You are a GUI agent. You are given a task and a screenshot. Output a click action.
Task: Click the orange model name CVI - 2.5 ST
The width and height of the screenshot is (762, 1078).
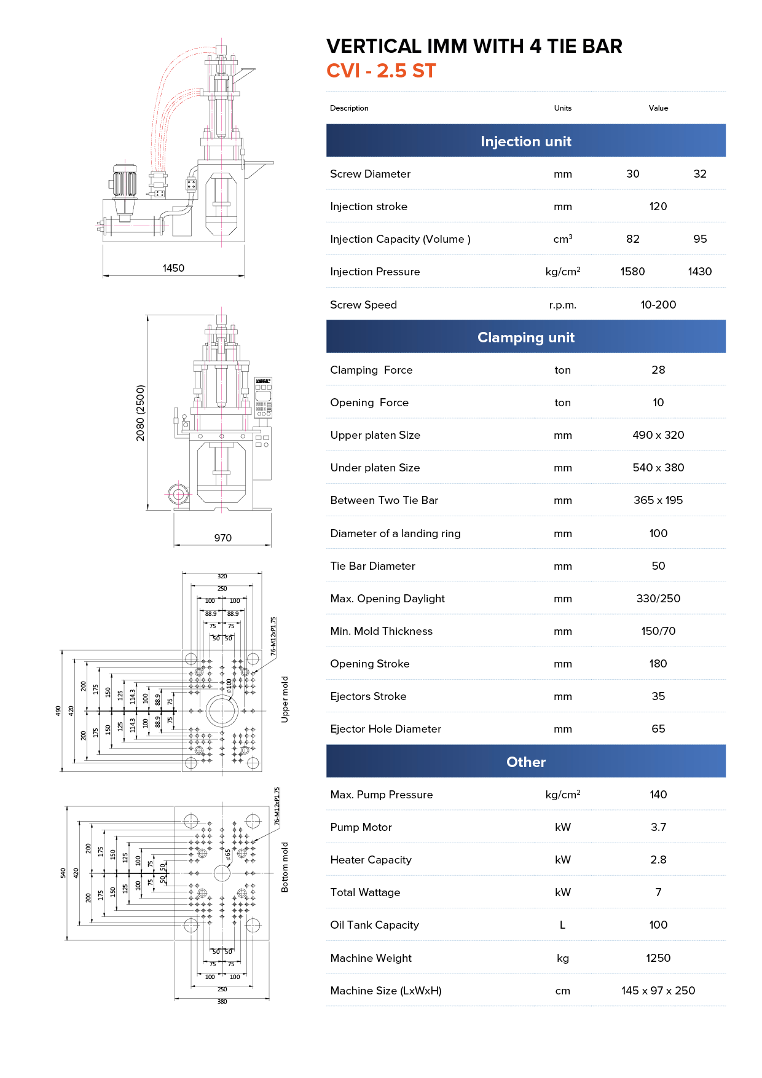tap(381, 71)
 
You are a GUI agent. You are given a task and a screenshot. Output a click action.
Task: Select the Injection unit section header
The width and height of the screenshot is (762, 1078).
tap(525, 141)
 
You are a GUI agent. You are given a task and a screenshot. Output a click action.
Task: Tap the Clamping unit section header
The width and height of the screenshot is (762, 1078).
tap(525, 337)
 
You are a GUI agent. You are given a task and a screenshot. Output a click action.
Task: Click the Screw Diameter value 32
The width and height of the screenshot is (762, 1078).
tap(699, 174)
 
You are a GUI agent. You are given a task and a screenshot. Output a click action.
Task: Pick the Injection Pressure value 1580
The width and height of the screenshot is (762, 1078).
tap(632, 272)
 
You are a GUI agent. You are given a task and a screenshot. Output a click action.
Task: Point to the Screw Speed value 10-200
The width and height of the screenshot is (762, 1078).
tap(658, 305)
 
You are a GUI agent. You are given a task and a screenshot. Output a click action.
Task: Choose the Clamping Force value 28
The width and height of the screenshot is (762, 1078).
tap(658, 370)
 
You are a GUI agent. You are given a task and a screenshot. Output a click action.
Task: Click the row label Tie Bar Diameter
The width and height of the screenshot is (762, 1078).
tap(372, 566)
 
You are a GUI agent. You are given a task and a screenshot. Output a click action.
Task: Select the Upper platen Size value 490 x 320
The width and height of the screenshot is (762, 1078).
tap(658, 435)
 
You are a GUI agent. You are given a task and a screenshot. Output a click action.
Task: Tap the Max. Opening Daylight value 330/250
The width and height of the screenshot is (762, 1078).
tap(658, 599)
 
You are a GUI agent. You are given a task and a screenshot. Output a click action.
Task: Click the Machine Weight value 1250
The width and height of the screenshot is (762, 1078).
tap(658, 958)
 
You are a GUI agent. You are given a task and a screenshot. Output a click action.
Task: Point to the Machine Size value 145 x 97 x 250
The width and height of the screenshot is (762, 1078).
tap(658, 991)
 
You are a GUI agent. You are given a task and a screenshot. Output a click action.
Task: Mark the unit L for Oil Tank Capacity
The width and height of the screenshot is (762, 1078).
tap(562, 925)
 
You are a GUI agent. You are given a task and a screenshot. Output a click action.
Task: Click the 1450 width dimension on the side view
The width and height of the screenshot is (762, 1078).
tap(173, 268)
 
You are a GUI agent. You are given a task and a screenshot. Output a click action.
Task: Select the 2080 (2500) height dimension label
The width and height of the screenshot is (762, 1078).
tap(141, 412)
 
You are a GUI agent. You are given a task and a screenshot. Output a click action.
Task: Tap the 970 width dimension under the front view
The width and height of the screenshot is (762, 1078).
tap(222, 538)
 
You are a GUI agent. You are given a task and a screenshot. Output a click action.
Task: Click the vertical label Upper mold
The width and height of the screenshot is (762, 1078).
tap(285, 699)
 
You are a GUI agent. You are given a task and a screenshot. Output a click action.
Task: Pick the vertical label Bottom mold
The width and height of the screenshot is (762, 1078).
tap(285, 867)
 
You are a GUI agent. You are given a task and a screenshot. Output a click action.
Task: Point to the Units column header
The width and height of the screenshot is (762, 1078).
tap(562, 108)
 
